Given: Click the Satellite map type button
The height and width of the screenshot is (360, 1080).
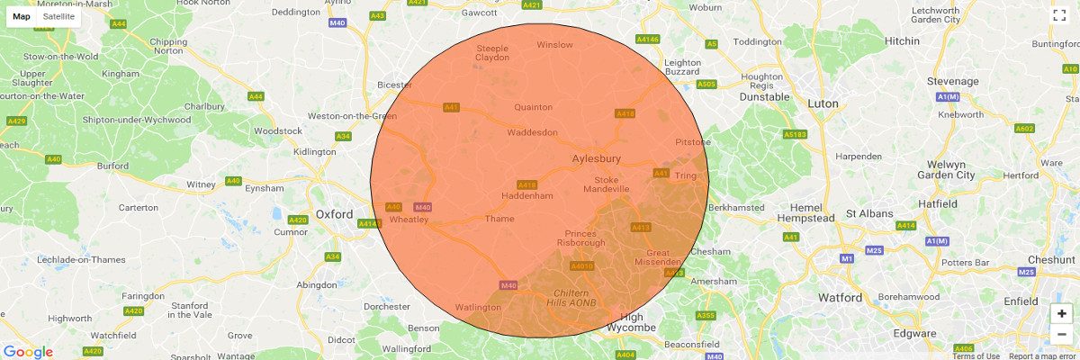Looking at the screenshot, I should pos(58,16).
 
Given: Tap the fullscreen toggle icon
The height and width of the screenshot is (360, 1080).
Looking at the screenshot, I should pos(1059,15).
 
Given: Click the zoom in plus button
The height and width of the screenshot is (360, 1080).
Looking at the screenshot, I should pos(1062,313).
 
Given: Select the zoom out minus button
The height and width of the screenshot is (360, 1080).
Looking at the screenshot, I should pos(1062,335).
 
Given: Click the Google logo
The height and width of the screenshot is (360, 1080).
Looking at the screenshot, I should pos(28,352).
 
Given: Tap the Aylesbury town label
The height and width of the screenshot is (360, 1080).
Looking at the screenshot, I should pos(597,159).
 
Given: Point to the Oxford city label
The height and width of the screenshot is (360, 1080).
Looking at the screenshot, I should pos(335,214).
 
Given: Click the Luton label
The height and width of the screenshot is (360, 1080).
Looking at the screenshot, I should pos(823,103).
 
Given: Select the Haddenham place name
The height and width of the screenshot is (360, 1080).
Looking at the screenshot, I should pos(527,195).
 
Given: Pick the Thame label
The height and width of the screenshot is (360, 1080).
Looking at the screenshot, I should pos(499,219).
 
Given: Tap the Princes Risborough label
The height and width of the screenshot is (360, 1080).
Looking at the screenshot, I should pos(580,238).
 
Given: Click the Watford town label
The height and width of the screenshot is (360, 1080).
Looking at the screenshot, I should pos(841,297).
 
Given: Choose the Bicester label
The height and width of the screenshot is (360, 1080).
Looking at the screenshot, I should pos(394,85).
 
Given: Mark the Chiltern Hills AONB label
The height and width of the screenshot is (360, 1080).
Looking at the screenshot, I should pos(571,299).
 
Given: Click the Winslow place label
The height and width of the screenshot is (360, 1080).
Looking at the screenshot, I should pos(554,44).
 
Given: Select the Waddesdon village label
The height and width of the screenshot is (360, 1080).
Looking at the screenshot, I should pos(533,131).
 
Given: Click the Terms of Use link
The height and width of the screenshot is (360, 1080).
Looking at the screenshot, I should pos(976,356).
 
